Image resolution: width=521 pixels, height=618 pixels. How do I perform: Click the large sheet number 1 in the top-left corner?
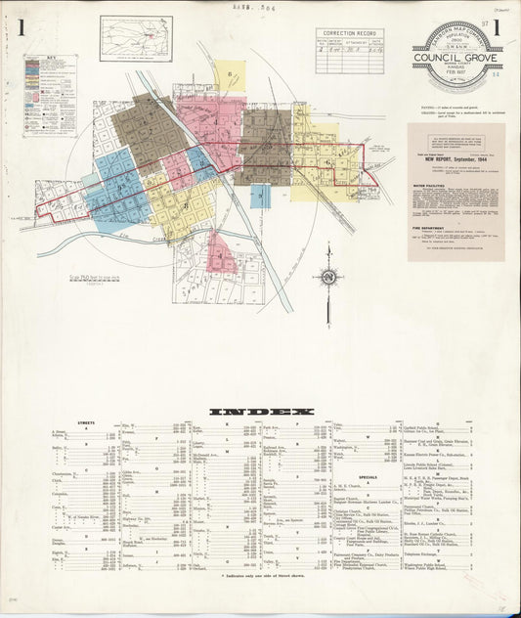tap(21, 27)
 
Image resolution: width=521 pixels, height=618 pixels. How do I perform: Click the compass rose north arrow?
tap(329, 277)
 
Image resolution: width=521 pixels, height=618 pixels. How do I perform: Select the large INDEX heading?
tap(261, 412)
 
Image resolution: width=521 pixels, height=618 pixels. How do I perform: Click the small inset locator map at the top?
tap(135, 38)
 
